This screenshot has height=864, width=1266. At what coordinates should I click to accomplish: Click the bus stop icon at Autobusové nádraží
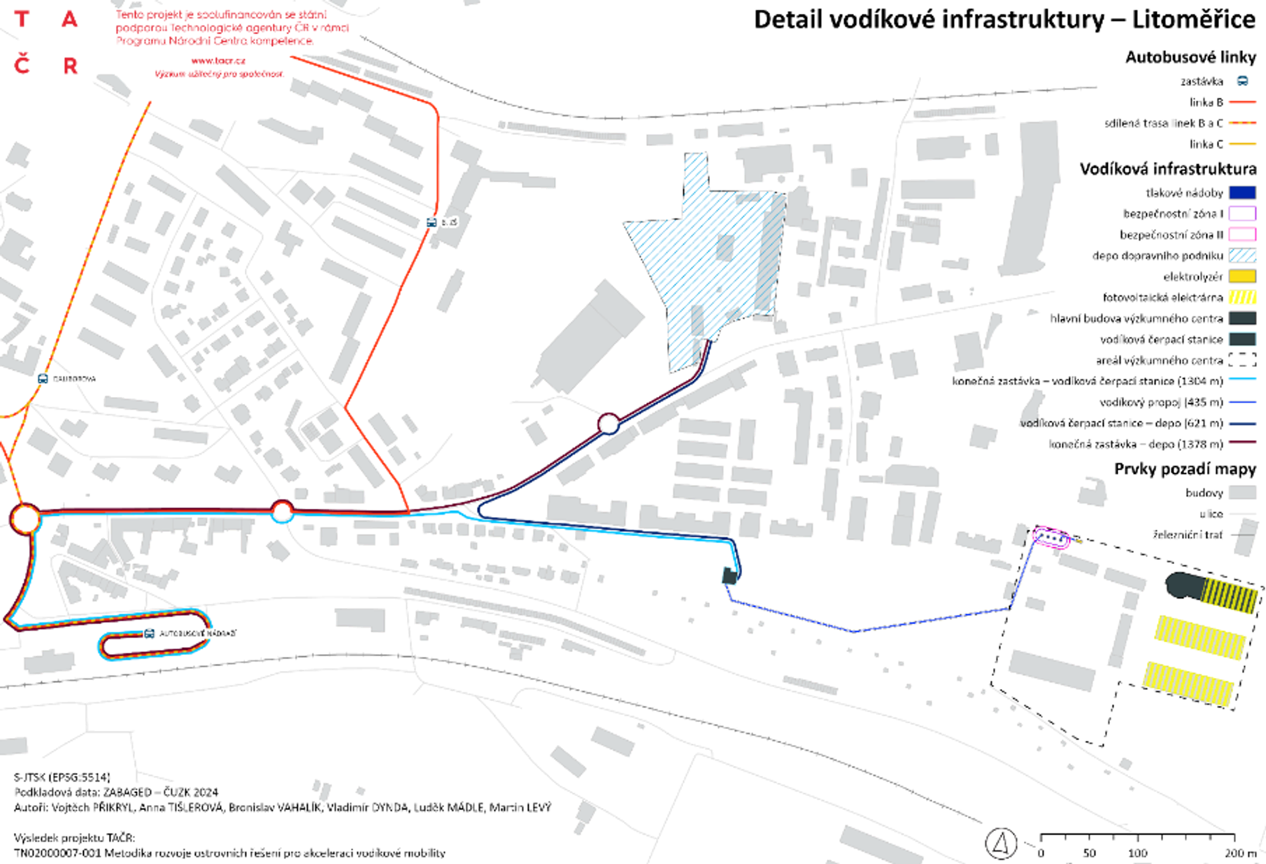click(149, 633)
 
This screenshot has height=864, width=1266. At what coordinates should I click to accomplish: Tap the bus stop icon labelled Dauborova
click(43, 378)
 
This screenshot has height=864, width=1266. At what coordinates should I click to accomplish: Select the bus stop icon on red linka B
click(431, 222)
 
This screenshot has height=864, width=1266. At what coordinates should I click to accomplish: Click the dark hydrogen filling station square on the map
click(730, 576)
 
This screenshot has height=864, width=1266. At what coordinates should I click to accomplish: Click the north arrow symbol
click(1001, 843)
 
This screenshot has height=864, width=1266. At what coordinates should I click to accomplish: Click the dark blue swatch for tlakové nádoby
click(1243, 193)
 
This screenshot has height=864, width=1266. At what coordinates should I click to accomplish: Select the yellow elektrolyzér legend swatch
click(1243, 277)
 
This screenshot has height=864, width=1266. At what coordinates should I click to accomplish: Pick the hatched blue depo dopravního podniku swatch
click(1243, 255)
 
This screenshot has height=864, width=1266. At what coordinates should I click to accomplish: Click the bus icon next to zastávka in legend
click(1243, 81)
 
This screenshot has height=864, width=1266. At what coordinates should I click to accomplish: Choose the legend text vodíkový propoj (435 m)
click(1161, 402)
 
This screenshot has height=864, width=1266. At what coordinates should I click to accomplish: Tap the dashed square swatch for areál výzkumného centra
click(1243, 360)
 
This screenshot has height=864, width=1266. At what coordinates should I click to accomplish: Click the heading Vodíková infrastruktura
click(1168, 169)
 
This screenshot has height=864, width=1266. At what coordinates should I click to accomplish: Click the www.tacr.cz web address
click(218, 61)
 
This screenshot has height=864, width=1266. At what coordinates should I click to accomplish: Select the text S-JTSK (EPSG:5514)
click(62, 777)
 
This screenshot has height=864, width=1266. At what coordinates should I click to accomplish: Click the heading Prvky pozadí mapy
click(1185, 469)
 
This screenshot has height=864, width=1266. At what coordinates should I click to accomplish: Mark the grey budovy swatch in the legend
click(1243, 493)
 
